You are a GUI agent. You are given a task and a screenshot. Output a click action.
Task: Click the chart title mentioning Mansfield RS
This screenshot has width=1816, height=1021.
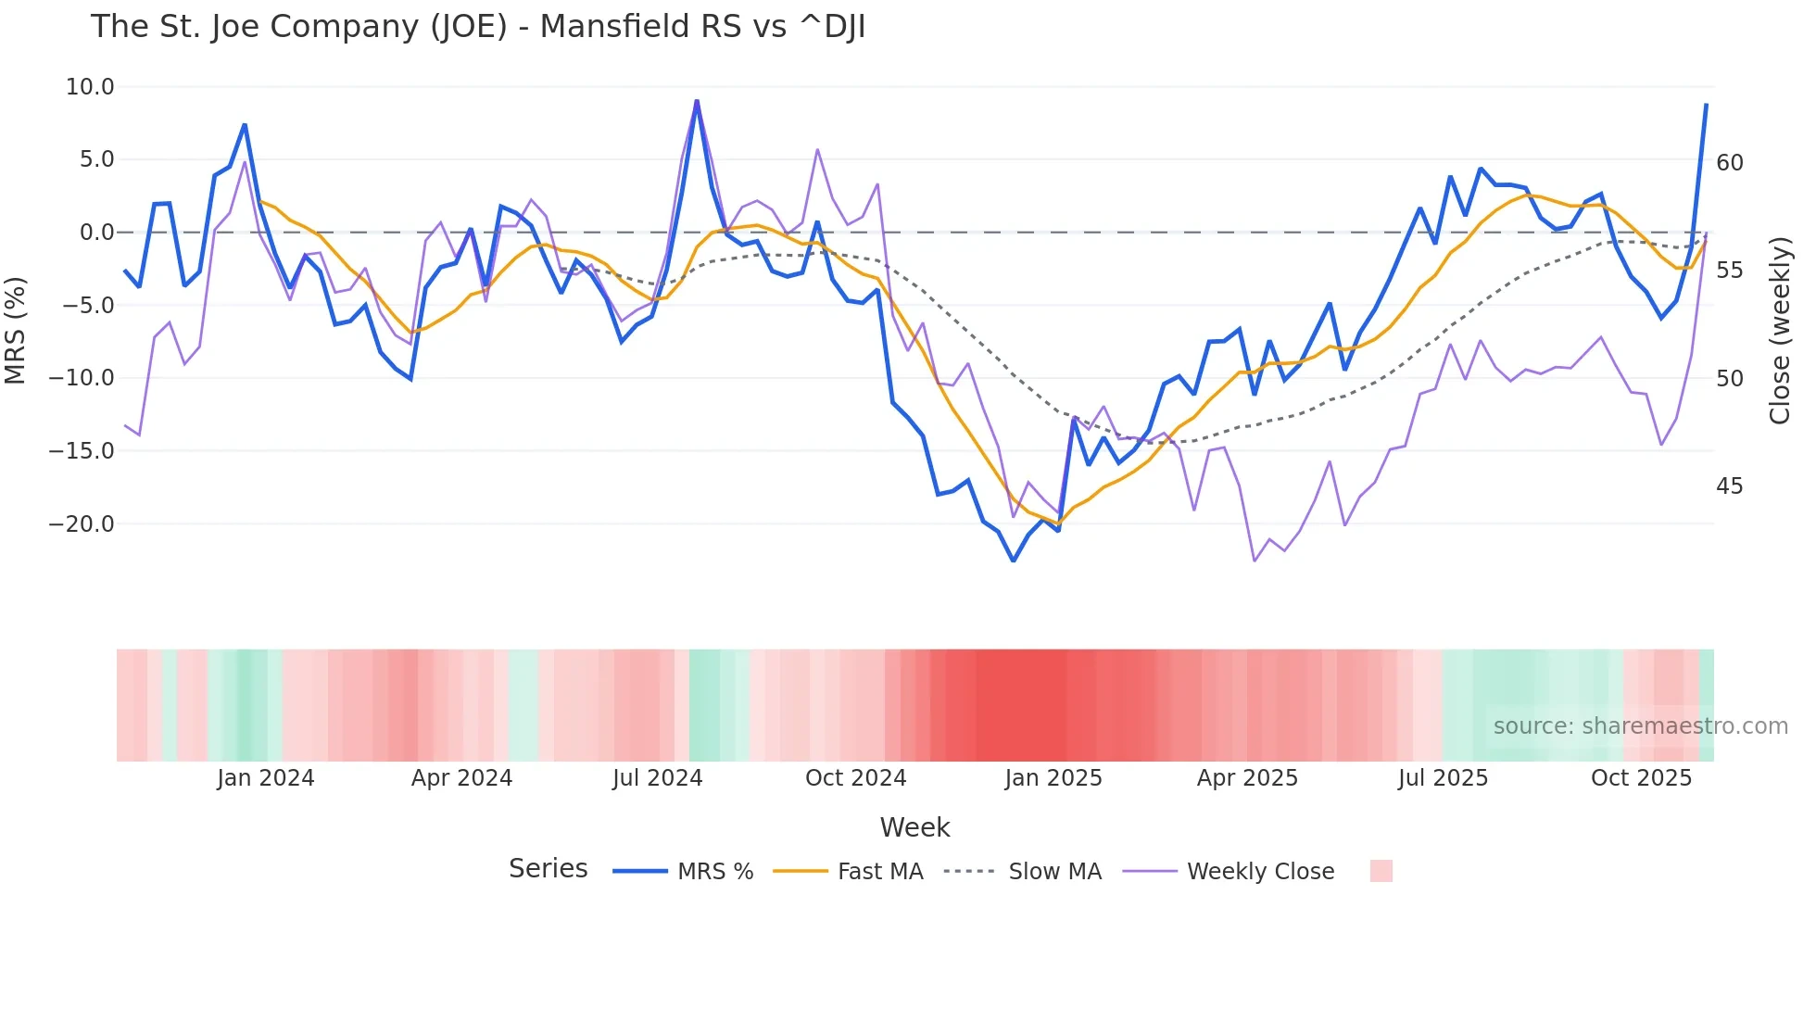[x=478, y=27]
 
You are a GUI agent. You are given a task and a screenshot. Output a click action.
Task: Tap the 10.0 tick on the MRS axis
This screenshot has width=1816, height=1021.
[x=90, y=87]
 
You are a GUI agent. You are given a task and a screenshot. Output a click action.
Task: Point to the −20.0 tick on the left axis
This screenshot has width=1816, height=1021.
[x=82, y=524]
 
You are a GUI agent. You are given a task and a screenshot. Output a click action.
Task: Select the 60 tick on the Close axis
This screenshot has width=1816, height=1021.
[x=1729, y=163]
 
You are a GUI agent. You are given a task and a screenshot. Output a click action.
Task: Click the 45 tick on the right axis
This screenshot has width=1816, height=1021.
[x=1729, y=486]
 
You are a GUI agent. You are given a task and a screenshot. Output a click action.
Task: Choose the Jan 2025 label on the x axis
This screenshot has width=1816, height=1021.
[x=1053, y=778]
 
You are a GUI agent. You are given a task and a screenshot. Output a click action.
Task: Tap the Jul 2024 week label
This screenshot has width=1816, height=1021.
[x=657, y=778]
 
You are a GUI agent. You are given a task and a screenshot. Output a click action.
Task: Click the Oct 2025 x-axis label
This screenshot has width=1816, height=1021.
[x=1641, y=778]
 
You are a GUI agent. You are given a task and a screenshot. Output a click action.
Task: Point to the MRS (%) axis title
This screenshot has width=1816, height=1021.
[x=16, y=331]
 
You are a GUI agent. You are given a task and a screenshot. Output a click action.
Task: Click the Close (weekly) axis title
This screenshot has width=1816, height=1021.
[x=1779, y=331]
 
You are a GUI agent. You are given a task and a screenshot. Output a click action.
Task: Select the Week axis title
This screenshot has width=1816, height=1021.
[x=914, y=827]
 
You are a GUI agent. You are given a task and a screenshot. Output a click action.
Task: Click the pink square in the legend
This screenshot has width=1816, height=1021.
[x=1381, y=871]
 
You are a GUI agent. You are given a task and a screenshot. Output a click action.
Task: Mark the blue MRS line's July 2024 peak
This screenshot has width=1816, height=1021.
[x=697, y=101]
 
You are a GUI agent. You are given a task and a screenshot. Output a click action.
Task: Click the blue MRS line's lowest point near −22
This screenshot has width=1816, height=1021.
[x=1014, y=561]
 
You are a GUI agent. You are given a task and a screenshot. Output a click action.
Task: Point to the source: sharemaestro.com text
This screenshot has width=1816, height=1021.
[x=1640, y=726]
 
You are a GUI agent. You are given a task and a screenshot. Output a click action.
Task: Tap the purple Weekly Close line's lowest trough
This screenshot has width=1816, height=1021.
[x=1255, y=561]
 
